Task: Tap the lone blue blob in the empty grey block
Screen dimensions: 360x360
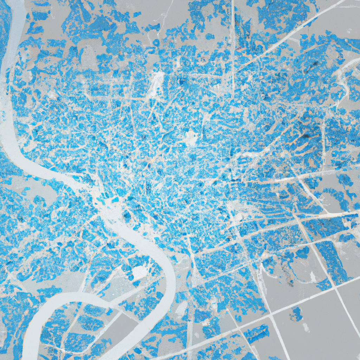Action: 296,314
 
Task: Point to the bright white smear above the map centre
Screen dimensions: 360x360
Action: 157,83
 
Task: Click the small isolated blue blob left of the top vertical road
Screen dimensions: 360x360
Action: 210,36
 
